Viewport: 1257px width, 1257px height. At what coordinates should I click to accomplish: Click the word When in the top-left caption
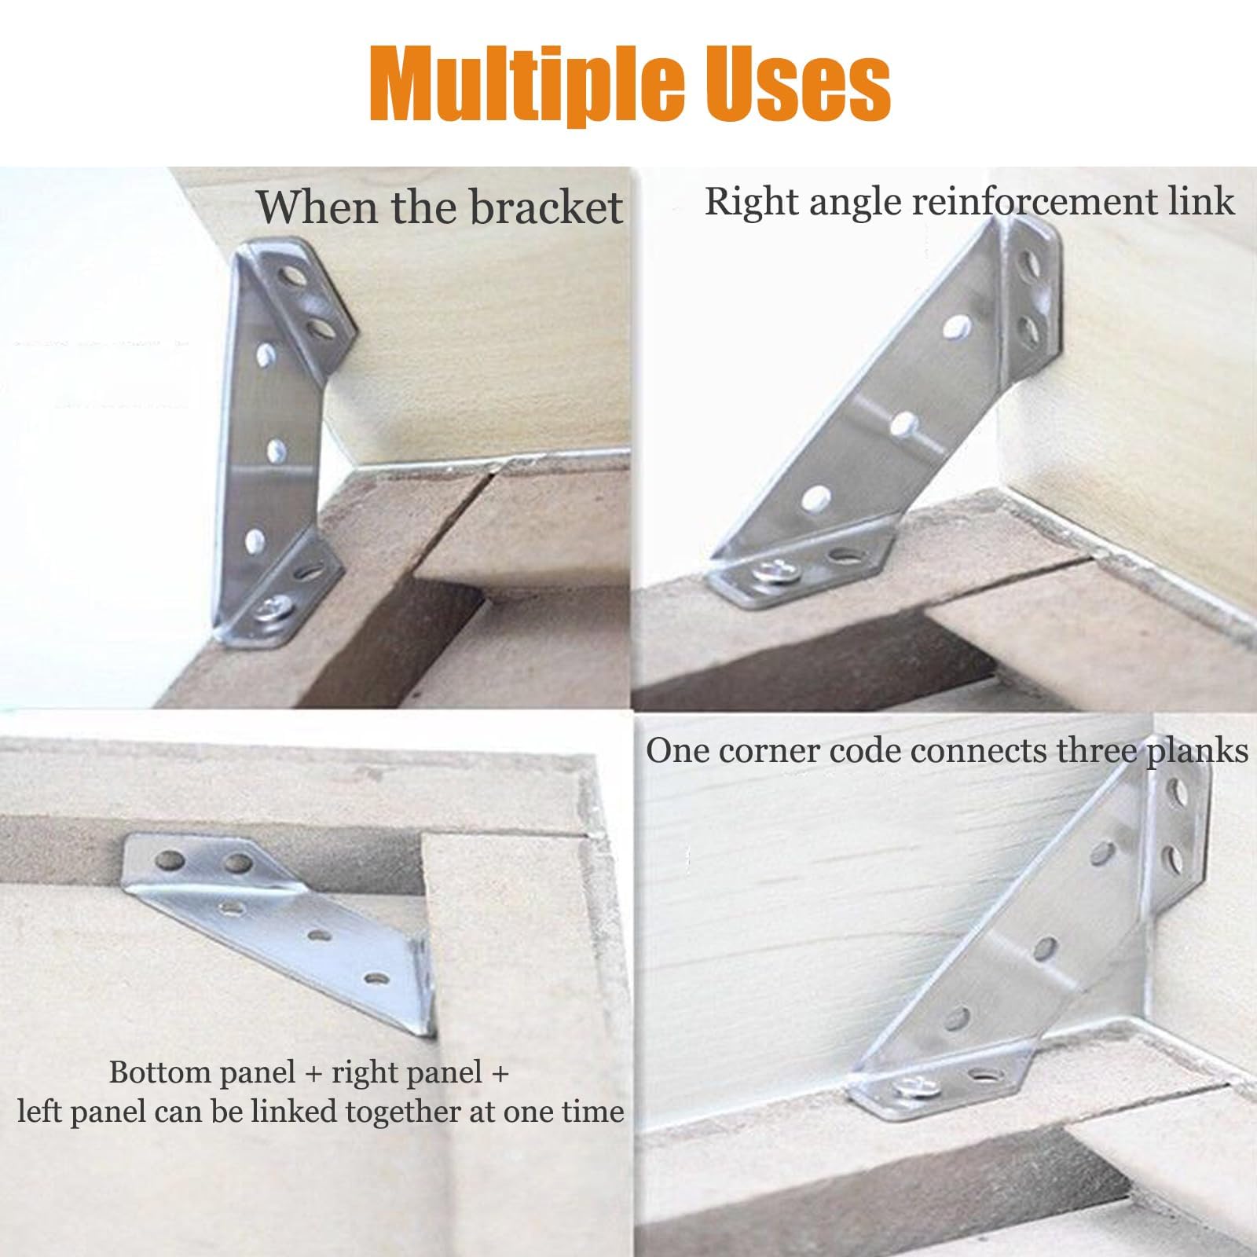306,207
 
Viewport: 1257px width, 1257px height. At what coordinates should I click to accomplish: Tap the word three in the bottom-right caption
1097,752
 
